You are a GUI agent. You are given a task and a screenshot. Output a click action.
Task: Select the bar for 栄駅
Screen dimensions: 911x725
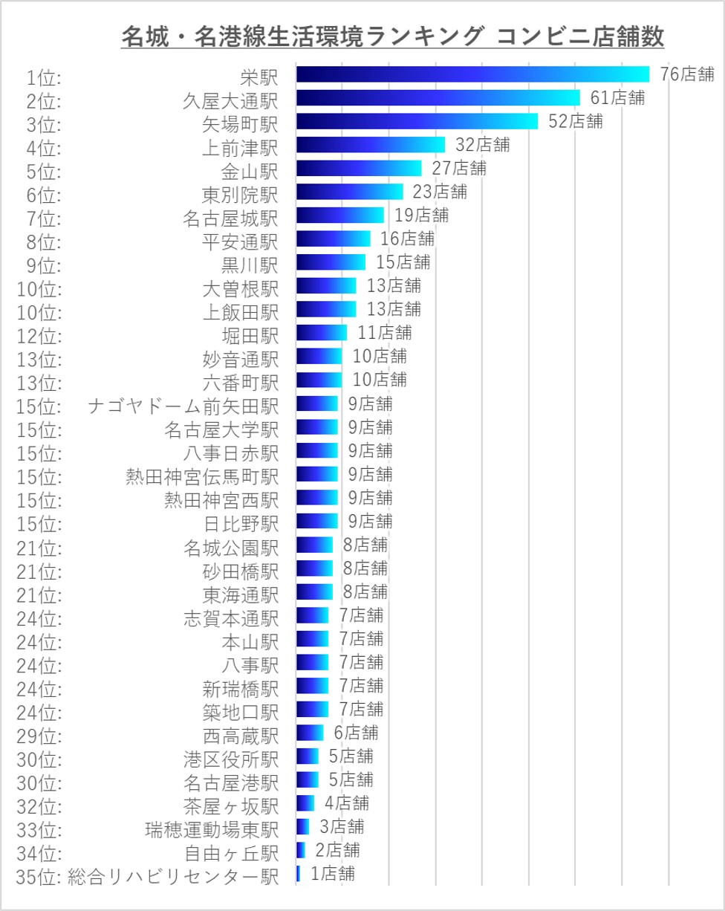[472, 74]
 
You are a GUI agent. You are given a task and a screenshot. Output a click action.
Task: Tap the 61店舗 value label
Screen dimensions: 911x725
[617, 98]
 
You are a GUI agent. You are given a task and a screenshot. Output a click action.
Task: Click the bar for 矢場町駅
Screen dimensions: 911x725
[417, 121]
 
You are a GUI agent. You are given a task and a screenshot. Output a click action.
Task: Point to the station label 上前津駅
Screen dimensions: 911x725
[240, 146]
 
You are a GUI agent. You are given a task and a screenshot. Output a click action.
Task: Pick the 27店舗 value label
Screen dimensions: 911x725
[459, 169]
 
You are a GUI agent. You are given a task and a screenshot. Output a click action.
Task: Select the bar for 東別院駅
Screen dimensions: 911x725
[349, 192]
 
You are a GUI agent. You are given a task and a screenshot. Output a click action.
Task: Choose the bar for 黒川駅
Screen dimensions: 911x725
[331, 262]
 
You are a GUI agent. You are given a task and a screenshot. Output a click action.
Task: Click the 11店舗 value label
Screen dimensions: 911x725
[384, 333]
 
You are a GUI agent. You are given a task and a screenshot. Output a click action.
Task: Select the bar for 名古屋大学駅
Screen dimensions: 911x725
[316, 427]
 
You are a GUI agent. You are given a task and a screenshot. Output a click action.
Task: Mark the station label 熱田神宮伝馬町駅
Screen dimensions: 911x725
[202, 475]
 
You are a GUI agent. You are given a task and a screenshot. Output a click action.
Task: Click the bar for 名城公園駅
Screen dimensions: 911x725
[314, 545]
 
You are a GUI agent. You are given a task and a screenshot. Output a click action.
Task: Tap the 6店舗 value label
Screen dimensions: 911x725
[356, 733]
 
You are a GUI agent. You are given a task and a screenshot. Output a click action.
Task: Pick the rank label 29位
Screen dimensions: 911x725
[39, 734]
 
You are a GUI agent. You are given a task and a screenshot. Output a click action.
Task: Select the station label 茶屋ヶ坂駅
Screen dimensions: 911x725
[230, 805]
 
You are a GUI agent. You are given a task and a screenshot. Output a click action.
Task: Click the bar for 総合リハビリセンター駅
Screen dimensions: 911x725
[299, 874]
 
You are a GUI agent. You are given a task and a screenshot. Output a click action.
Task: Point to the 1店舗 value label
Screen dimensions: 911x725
[332, 875]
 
